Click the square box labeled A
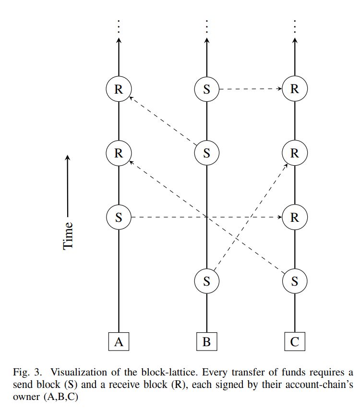[119, 342]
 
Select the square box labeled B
[207, 342]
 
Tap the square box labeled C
[295, 342]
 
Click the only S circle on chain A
[119, 217]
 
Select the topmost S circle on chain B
[207, 89]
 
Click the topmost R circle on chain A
[119, 89]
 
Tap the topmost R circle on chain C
[295, 89]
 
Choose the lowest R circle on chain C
[295, 217]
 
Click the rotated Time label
[68, 235]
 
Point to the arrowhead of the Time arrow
[68, 157]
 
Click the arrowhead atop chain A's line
[119, 41]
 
